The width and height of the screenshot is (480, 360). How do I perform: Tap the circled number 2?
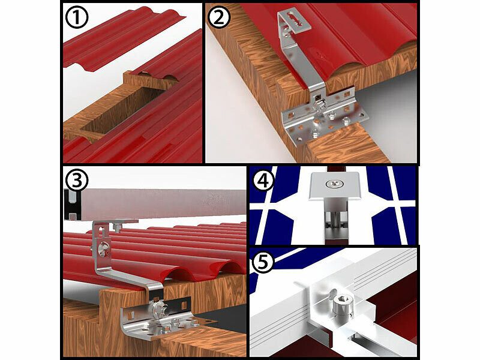point(218,17)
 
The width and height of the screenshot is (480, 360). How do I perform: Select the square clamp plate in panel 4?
point(333,186)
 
